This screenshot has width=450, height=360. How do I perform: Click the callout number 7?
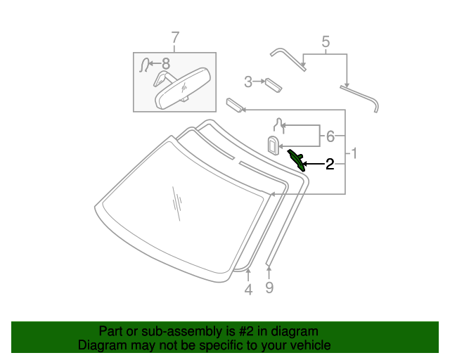click(175, 38)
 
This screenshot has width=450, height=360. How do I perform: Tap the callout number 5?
click(326, 41)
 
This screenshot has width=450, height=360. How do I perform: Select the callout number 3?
click(248, 82)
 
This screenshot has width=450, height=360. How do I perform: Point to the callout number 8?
click(166, 63)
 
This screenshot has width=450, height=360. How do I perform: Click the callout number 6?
click(330, 136)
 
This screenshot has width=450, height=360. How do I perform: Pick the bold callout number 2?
click(330, 165)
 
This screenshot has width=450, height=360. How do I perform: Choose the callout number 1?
click(354, 153)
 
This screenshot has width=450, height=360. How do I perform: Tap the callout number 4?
click(248, 290)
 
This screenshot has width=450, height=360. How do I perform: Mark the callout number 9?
click(269, 288)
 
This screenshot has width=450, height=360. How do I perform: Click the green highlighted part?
click(297, 160)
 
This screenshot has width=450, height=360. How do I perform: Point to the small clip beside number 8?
click(144, 65)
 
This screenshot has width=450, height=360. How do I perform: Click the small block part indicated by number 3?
click(274, 85)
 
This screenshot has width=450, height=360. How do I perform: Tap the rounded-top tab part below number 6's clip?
click(274, 146)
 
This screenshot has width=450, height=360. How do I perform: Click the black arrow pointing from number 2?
click(314, 164)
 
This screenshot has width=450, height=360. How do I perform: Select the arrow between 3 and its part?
click(259, 82)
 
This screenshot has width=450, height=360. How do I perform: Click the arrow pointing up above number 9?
click(269, 273)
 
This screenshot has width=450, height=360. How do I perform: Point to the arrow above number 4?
click(248, 275)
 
